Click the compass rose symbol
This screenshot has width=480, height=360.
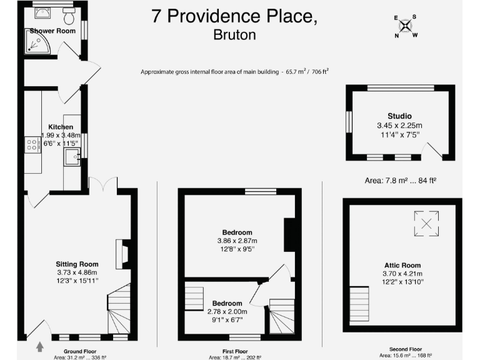(406, 26)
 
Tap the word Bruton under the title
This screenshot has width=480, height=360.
(234, 35)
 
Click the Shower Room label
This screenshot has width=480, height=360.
(52, 31)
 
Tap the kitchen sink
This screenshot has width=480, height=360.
(70, 157)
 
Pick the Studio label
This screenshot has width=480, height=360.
(399, 116)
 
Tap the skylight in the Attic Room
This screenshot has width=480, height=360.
(426, 224)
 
